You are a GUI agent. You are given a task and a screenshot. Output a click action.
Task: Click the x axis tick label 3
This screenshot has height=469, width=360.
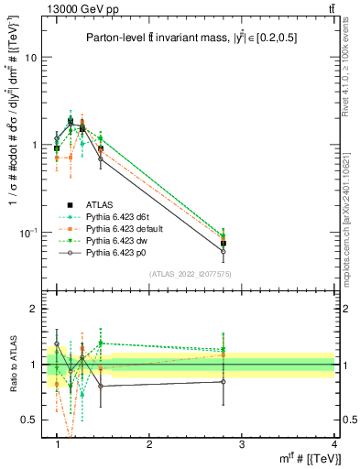(242, 444)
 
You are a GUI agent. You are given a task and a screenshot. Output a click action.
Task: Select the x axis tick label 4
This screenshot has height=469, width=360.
(333, 444)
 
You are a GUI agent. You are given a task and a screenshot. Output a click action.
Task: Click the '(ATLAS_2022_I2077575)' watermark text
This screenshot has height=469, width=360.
(190, 274)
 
